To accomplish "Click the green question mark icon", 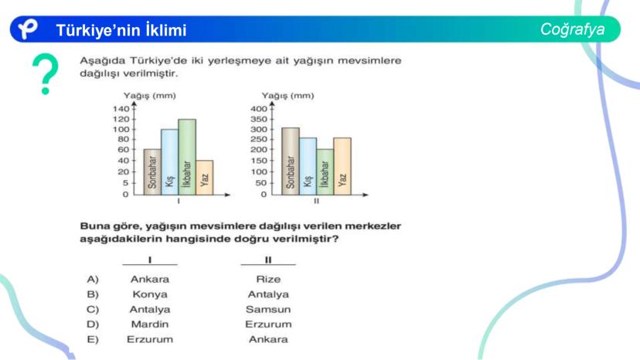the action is (x=46, y=73).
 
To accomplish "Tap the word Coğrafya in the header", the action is (x=572, y=29).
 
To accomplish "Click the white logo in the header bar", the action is (x=28, y=29).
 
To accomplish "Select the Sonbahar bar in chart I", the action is (x=152, y=172).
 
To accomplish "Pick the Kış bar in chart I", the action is (x=170, y=162).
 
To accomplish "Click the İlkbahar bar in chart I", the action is (x=187, y=157).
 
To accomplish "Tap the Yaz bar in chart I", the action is (x=205, y=178).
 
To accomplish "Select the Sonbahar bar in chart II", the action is (x=290, y=161).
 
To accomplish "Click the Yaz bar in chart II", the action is (x=342, y=167).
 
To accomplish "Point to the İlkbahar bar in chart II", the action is (x=325, y=172).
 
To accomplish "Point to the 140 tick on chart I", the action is (x=121, y=109).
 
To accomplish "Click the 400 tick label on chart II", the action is (x=259, y=109).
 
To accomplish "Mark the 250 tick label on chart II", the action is (x=259, y=139).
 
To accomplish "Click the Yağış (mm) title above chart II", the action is (x=288, y=96).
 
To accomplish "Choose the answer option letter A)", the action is (x=93, y=279).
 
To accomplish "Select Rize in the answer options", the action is (x=268, y=279).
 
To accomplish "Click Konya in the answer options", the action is (x=150, y=294).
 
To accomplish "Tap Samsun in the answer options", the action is (x=268, y=309).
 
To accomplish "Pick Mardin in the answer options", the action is (x=150, y=324).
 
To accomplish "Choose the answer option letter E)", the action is (x=93, y=339).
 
